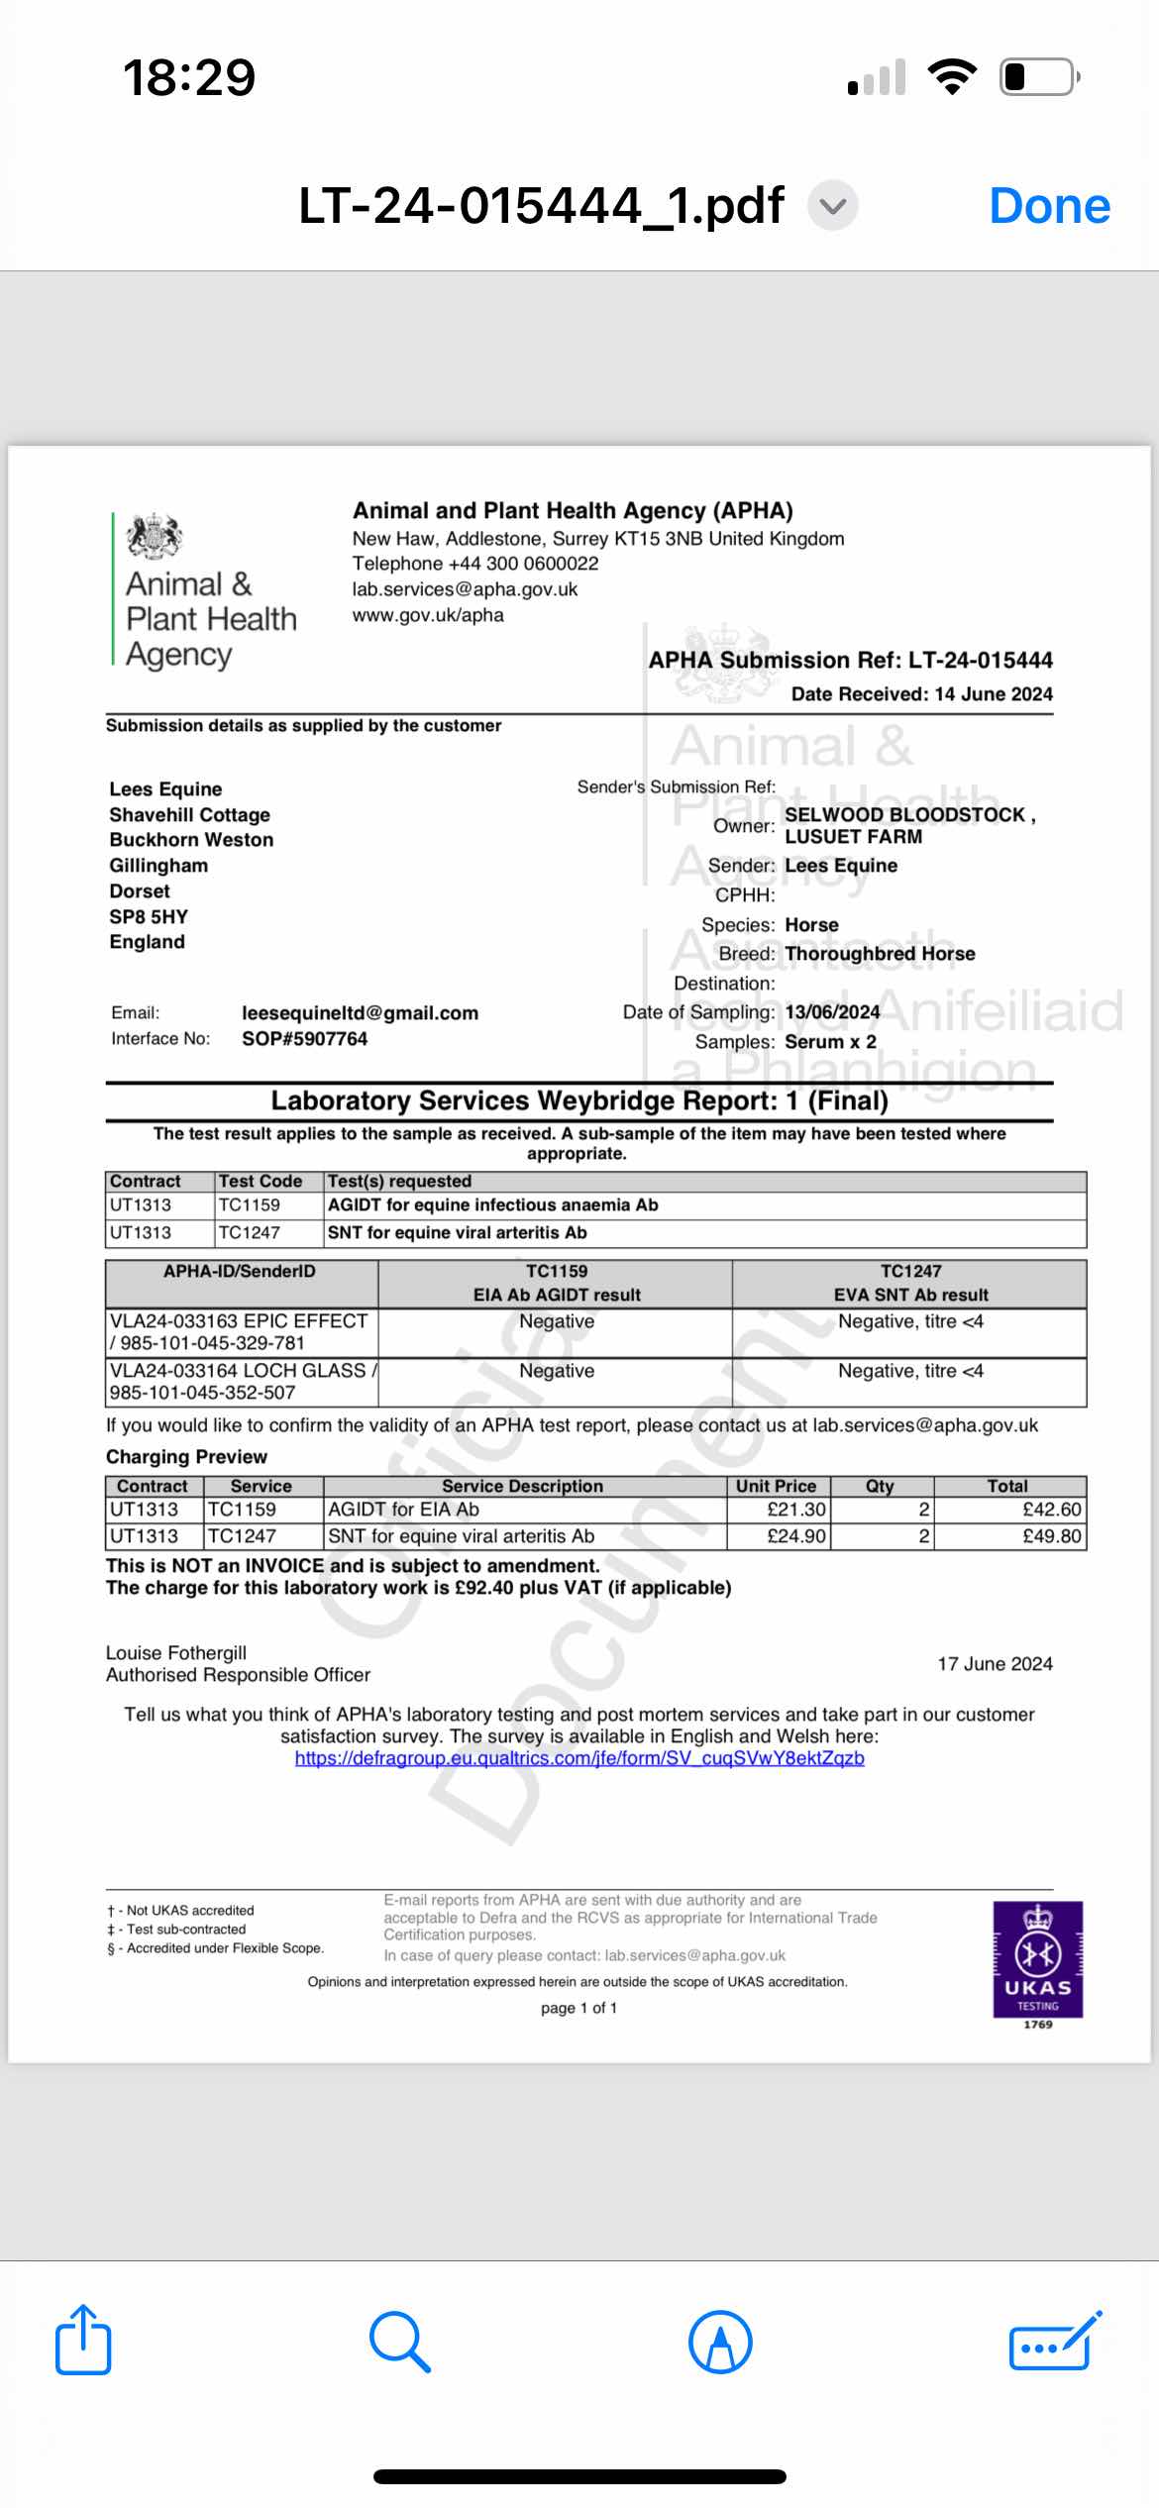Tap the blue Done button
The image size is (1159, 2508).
(1049, 206)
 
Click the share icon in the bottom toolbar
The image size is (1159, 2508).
(83, 2341)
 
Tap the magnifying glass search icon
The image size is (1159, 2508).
(399, 2342)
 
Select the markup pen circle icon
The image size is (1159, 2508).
(720, 2342)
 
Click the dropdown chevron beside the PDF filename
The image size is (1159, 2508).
(833, 206)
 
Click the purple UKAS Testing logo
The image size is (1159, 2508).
(1037, 1958)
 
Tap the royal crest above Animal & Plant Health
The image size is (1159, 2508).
(155, 537)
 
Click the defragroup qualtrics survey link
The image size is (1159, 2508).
(579, 1758)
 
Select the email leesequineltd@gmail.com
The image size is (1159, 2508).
(360, 1013)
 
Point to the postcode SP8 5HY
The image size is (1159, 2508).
(149, 916)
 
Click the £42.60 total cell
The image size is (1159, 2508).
(1009, 1510)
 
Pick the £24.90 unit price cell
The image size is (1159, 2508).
(779, 1536)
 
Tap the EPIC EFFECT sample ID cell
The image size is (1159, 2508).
(241, 1332)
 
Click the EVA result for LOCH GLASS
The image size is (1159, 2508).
(909, 1372)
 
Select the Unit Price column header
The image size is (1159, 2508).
(777, 1486)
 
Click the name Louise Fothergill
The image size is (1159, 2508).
(176, 1652)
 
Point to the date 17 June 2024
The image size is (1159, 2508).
(995, 1664)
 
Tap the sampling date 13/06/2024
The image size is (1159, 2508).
(832, 1012)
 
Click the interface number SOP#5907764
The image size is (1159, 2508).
(304, 1039)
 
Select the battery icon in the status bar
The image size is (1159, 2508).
(1039, 76)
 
